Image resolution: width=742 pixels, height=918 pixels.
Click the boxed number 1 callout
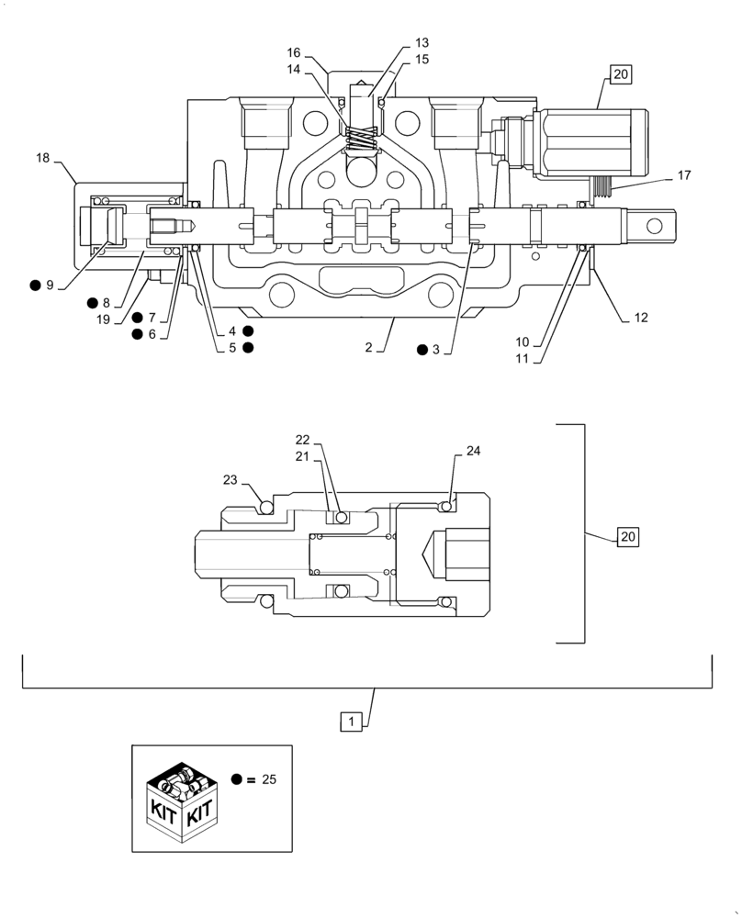coord(354,722)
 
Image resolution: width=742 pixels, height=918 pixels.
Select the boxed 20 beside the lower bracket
coord(626,536)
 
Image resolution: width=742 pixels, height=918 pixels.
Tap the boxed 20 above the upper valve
coord(621,75)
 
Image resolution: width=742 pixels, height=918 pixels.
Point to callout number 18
coord(43,158)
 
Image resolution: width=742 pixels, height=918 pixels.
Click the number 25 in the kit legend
coord(269,779)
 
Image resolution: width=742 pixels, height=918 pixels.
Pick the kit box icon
coord(182,798)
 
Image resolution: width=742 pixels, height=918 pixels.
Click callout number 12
coord(640,318)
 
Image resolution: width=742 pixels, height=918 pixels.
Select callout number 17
coord(684,174)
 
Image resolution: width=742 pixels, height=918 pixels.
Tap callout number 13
coord(422,42)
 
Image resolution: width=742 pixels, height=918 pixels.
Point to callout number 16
coord(294,52)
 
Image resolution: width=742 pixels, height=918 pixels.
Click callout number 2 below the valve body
coord(367,348)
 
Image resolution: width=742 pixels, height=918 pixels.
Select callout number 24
coord(473,451)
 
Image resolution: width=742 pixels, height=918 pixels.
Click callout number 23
coord(230,479)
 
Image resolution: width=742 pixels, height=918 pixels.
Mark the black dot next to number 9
coord(35,285)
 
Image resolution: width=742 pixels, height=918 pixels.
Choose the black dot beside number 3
coord(421,349)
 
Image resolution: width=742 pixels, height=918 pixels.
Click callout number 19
coord(103,319)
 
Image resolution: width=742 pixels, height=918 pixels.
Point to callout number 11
coord(522,358)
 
